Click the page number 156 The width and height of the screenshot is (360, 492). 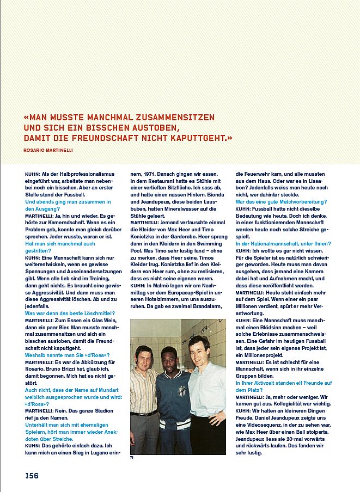point(32,475)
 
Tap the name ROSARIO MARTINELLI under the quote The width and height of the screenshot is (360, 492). point(48,150)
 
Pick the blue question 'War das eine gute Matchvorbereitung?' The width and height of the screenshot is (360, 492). point(281,201)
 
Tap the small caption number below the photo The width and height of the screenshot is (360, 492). point(131,458)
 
